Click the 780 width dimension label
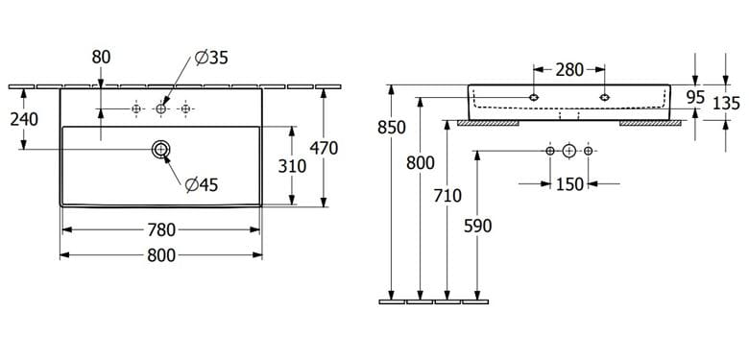click(x=161, y=230)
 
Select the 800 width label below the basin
click(x=161, y=255)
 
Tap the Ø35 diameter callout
click(x=211, y=59)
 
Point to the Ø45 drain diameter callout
click(x=202, y=184)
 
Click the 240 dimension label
click(x=24, y=119)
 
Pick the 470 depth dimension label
click(x=324, y=149)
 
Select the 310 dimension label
click(x=292, y=166)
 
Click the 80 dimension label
click(x=101, y=58)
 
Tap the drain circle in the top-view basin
click(x=161, y=150)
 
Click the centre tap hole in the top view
click(x=161, y=109)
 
